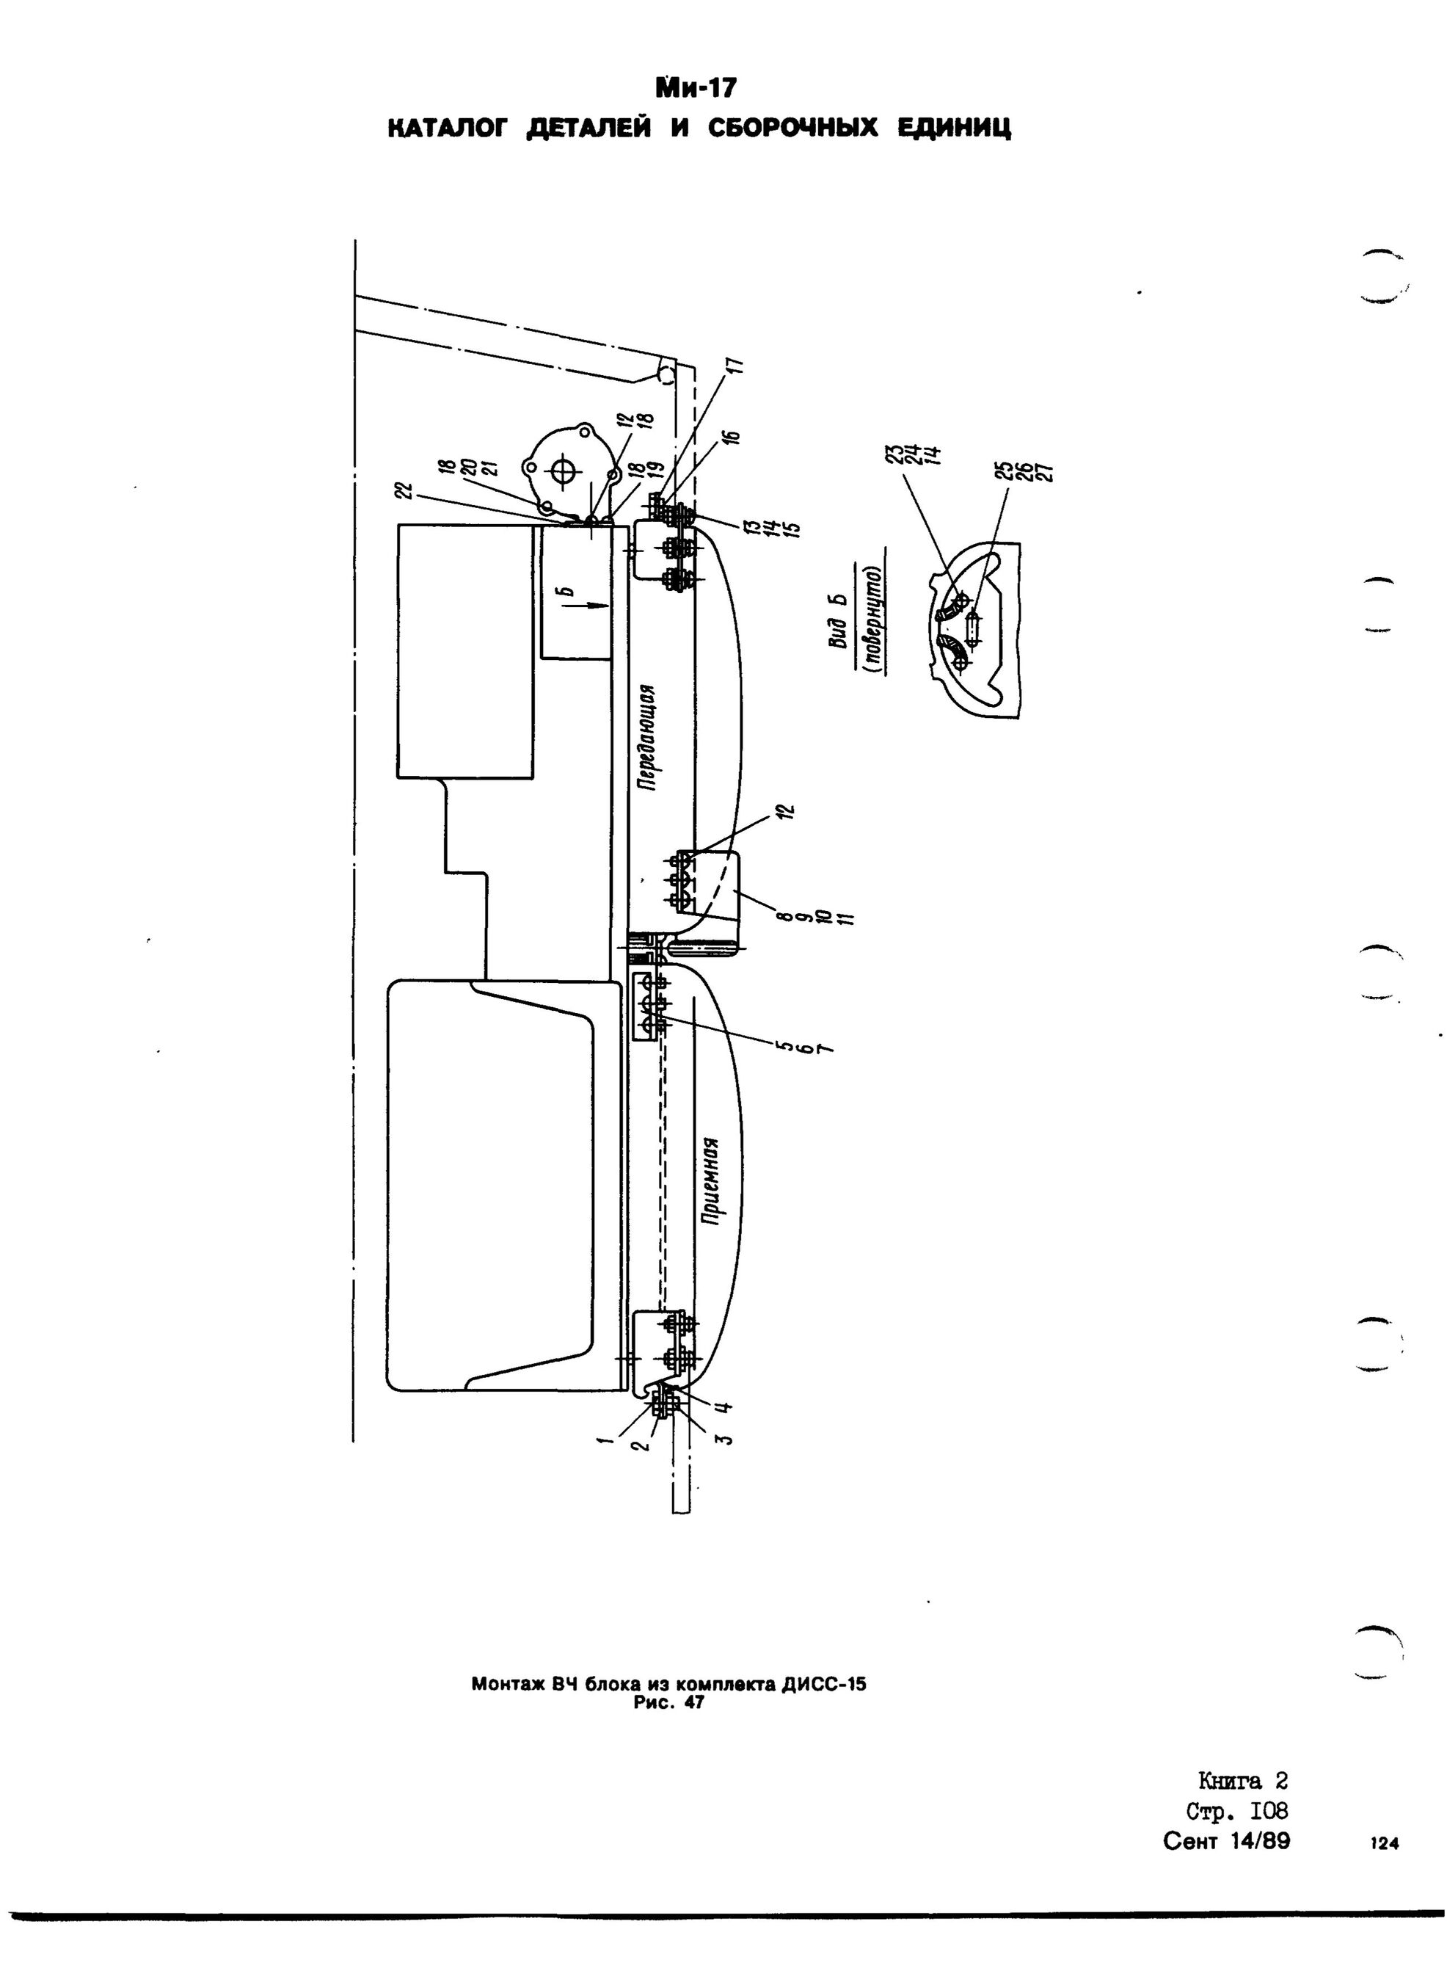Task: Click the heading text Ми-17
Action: pos(697,89)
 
